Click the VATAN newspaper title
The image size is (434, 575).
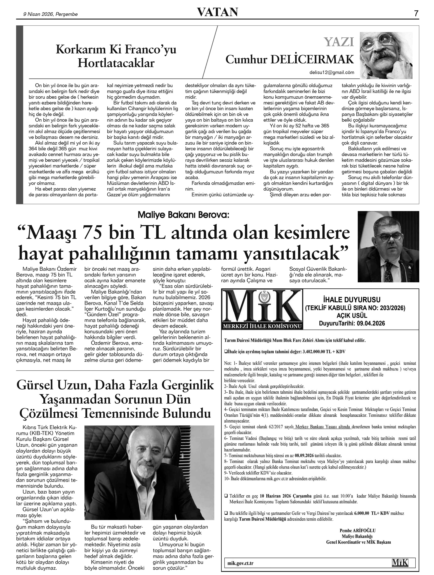tap(217, 12)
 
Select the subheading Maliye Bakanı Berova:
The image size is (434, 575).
tap(183, 215)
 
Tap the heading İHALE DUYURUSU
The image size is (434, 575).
tap(355, 300)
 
